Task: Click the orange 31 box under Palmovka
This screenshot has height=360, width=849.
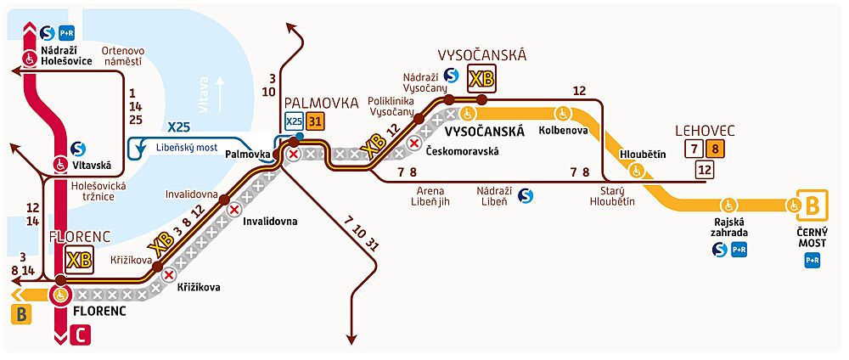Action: click(315, 122)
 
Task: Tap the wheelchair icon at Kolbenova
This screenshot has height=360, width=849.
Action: click(561, 114)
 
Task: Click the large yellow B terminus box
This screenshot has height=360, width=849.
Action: click(812, 205)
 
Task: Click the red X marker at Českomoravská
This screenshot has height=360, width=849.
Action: click(414, 143)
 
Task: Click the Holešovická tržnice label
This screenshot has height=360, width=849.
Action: click(97, 190)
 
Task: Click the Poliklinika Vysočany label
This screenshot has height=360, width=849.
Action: click(391, 106)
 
